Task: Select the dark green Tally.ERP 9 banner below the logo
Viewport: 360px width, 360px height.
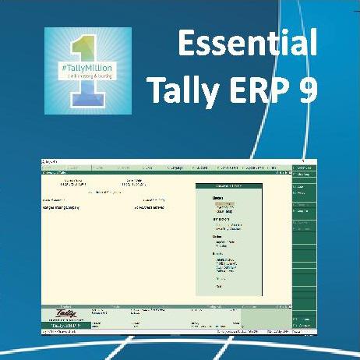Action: click(x=63, y=326)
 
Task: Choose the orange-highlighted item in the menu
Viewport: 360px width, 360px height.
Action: click(x=224, y=203)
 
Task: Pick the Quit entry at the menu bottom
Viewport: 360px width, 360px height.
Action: click(x=219, y=287)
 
